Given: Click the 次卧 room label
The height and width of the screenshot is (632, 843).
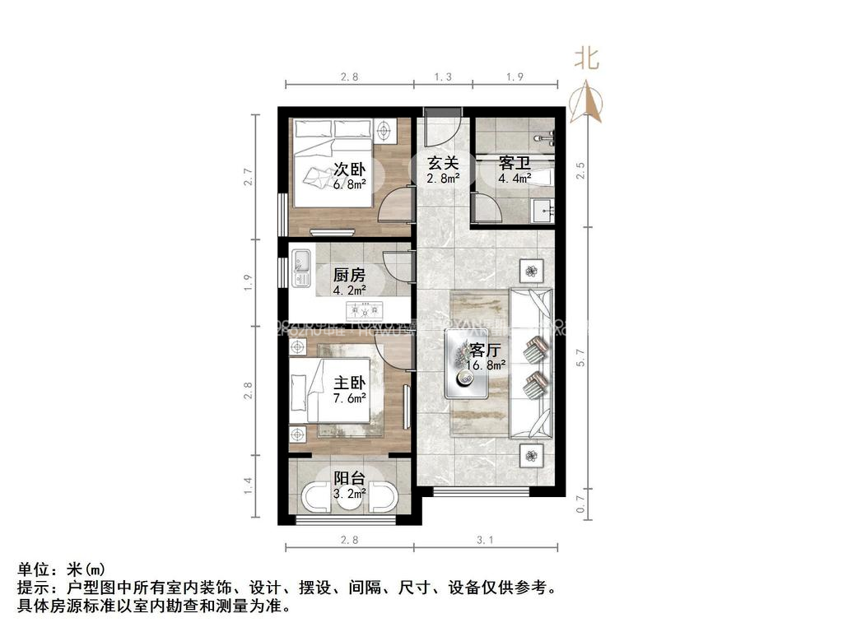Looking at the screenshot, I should [350, 170].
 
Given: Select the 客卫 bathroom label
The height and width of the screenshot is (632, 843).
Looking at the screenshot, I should [514, 161].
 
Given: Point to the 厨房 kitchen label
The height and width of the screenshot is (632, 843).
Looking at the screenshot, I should [349, 275].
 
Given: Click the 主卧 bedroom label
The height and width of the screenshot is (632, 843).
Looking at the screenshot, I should [349, 383].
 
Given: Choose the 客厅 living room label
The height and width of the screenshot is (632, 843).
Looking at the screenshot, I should [486, 348].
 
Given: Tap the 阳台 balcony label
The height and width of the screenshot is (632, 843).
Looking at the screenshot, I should [349, 478].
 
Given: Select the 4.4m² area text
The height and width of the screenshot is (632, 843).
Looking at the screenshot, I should [514, 177].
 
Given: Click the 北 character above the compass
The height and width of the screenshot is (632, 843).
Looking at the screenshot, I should [586, 58].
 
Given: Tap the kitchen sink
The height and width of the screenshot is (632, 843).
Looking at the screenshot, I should [300, 261].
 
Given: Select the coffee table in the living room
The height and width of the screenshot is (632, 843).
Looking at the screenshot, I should [467, 364].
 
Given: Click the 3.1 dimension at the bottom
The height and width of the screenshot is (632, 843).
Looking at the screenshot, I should [484, 541].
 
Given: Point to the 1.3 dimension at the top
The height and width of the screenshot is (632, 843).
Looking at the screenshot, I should [443, 77].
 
